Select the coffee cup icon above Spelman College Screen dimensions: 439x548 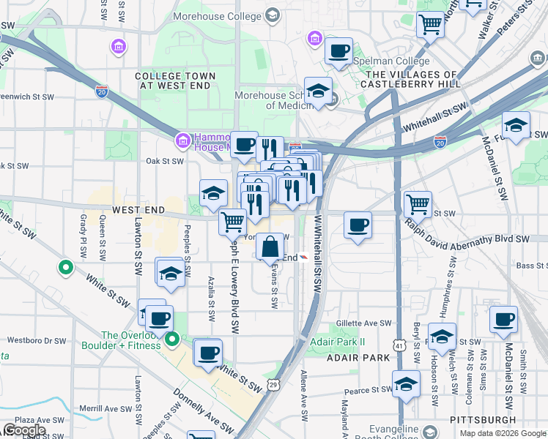point(338,51)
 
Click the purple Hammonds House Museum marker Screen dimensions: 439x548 point(182,140)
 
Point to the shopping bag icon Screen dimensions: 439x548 point(270,247)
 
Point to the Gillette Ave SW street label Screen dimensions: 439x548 point(364,323)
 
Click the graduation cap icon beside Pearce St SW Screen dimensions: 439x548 point(406,383)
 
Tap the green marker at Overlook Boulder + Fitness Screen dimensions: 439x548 point(172,339)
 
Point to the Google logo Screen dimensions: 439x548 point(24,430)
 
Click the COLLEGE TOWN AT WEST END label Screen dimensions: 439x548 point(176,80)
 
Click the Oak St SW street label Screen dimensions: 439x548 point(163,160)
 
